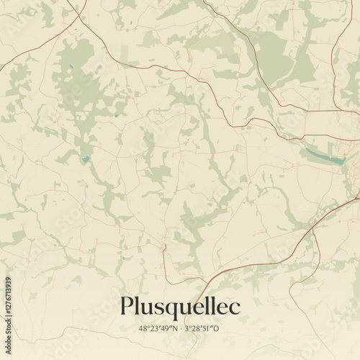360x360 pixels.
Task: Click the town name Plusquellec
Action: (180, 307)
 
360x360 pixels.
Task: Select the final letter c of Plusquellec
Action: (235, 307)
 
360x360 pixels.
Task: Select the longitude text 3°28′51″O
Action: (204, 328)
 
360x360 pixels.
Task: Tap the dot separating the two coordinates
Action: (181, 328)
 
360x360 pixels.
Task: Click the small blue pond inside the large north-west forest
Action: (71, 68)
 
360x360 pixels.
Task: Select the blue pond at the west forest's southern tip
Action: (86, 159)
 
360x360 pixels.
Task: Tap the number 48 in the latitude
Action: (142, 328)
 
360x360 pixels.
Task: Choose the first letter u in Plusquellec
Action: (148, 308)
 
